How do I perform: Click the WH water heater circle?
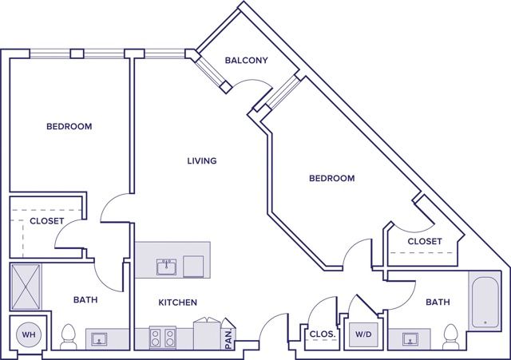29,334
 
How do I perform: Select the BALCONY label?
246,61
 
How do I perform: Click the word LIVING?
202,161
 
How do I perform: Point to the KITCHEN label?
177,303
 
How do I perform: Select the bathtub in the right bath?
485,301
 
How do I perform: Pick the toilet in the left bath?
69,336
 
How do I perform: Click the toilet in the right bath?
451,336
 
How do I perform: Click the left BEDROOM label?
69,126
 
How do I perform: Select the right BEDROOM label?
331,178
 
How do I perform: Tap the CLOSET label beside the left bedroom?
46,221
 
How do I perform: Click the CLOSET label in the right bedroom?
425,241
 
